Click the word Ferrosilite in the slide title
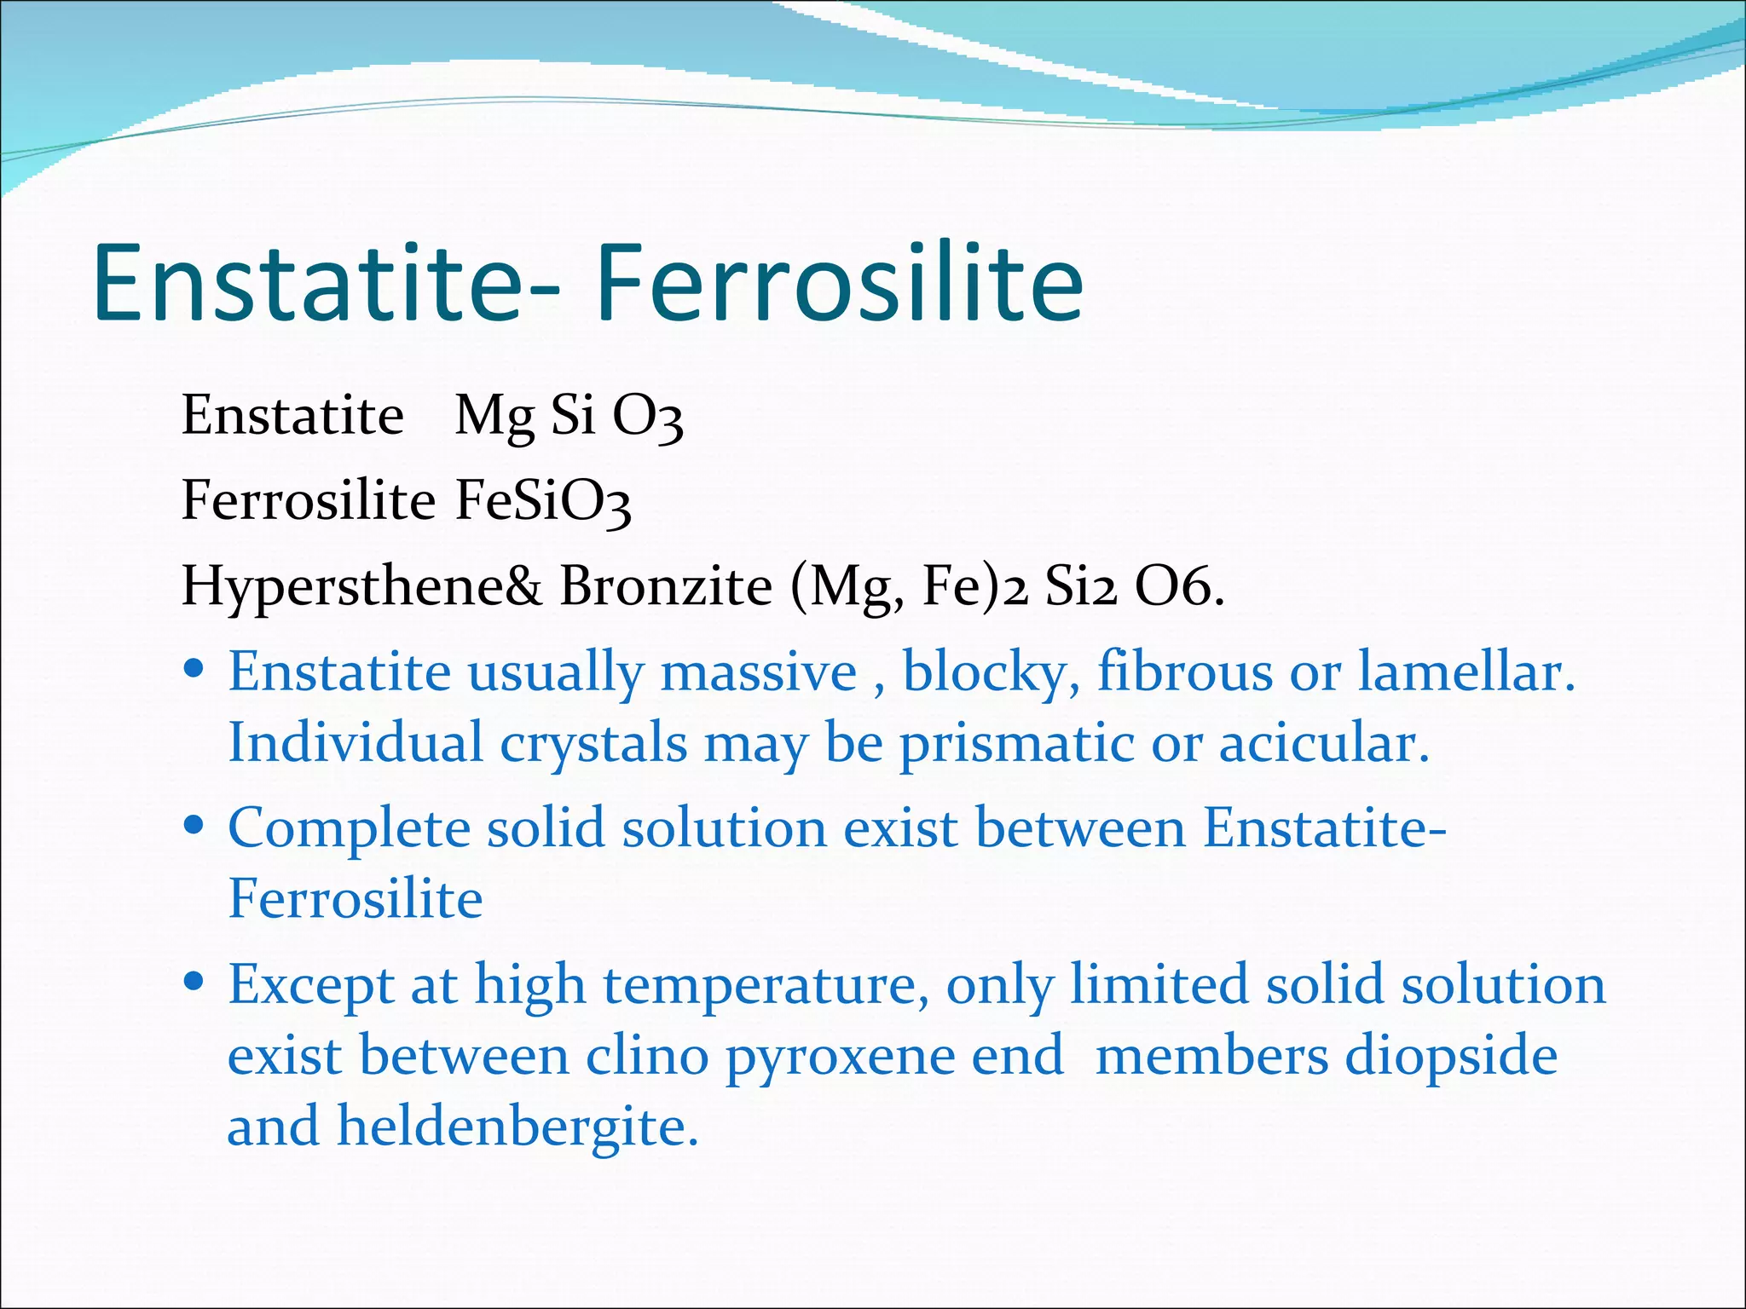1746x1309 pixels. coord(839,283)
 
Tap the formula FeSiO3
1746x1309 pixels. coord(543,501)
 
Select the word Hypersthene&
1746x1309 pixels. coord(361,586)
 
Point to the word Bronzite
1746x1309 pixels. coord(666,586)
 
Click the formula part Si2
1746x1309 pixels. coord(1080,586)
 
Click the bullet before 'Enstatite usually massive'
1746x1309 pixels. coord(194,667)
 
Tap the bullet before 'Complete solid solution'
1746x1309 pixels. coord(194,824)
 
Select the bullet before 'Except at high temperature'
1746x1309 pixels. coord(194,981)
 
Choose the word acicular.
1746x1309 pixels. coord(1323,743)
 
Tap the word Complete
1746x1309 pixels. coord(349,828)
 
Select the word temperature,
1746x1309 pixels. coord(766,986)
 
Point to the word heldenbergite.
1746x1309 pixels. coord(517,1127)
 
